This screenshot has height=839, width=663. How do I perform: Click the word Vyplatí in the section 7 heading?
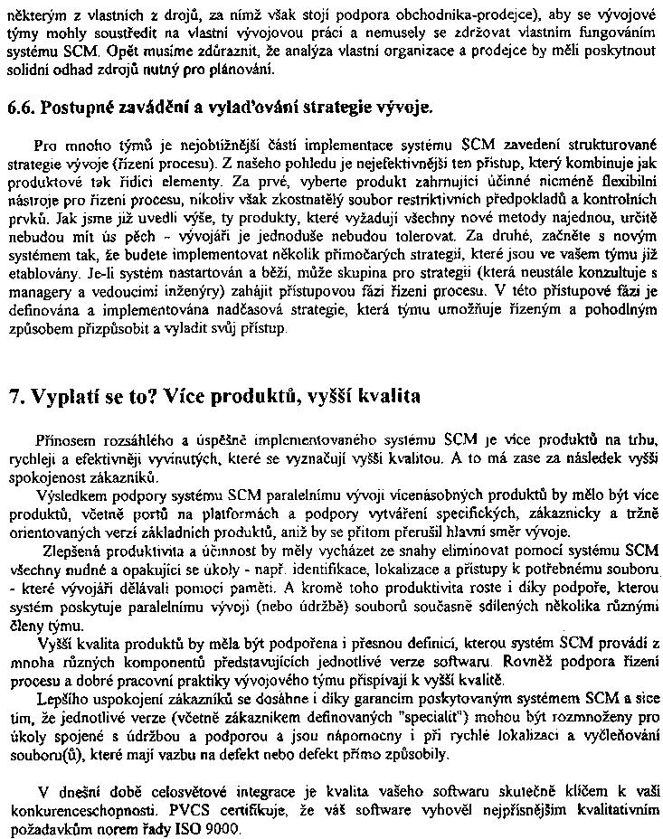[x=64, y=397]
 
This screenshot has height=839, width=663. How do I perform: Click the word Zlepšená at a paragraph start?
[x=71, y=552]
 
